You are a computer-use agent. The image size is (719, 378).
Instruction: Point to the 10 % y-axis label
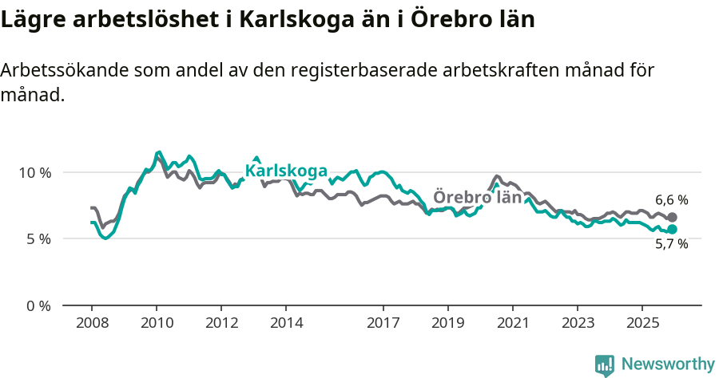click(34, 172)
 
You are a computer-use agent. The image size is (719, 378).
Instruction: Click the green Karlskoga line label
click(286, 171)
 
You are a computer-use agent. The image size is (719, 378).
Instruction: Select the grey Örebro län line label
click(477, 197)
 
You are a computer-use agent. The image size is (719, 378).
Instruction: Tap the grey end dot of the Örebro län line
click(672, 217)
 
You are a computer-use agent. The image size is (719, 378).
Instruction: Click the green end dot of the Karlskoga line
click(672, 230)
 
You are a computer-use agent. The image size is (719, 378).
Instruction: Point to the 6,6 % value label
click(671, 200)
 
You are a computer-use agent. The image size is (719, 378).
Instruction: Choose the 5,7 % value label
click(671, 245)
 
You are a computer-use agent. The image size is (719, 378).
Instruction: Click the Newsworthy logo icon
click(605, 365)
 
